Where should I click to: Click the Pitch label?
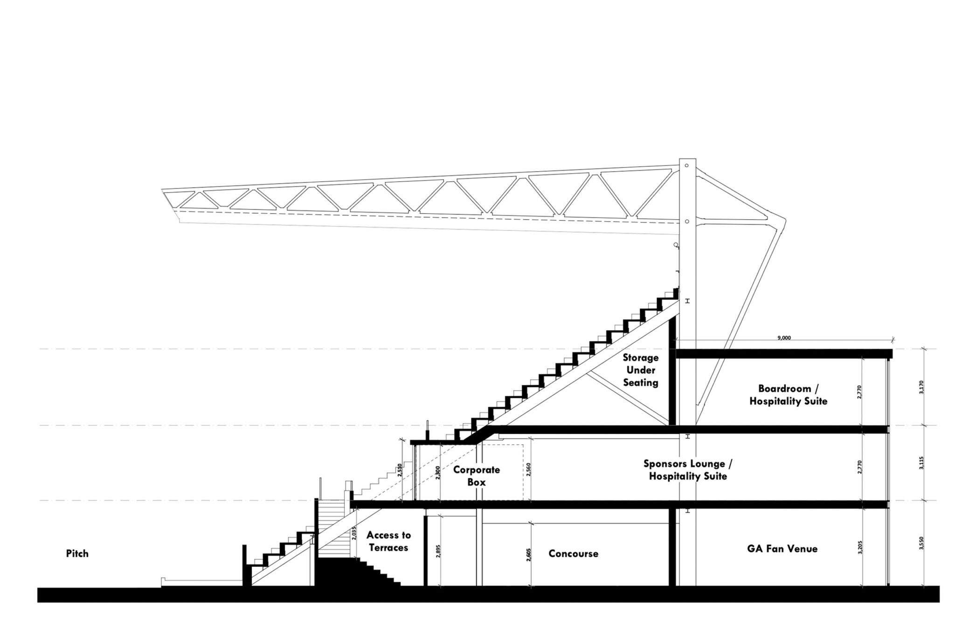pos(77,554)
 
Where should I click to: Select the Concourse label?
pos(573,554)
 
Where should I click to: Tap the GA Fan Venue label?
pos(782,549)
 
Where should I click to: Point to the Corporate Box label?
pos(477,476)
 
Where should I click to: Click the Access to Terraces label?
pos(388,541)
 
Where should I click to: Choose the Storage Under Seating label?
pos(641,370)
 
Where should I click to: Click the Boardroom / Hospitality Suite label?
pos(788,395)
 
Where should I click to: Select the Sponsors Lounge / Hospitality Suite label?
pos(688,470)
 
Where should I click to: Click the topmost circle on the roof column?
pos(687,165)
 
